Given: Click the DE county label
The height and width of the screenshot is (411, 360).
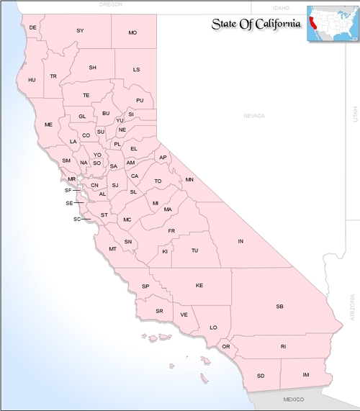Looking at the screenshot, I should [32, 28].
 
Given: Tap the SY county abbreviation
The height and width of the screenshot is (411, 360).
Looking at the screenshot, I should [81, 30].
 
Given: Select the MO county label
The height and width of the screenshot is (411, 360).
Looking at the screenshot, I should [132, 33].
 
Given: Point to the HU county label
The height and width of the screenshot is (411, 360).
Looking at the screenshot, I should [32, 80].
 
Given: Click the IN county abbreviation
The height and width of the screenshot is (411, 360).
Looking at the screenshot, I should [241, 241].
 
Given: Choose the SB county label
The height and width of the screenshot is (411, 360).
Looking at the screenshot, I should [280, 307].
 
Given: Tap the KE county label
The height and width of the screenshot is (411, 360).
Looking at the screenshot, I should [199, 286].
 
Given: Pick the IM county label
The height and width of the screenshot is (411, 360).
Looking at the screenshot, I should [306, 375].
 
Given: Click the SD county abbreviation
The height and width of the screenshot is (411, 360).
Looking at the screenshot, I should [261, 376].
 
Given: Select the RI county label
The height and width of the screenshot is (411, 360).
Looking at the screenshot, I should [283, 346].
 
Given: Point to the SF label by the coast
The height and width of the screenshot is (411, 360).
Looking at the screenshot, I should [68, 191].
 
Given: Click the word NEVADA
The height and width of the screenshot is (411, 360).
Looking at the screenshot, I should [254, 116].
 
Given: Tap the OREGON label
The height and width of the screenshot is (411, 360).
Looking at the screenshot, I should [112, 4].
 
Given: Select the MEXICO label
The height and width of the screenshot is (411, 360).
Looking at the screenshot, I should [294, 399].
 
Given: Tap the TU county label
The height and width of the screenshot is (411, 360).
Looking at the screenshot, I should [194, 251].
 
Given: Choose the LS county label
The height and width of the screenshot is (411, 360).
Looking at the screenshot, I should [137, 70].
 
